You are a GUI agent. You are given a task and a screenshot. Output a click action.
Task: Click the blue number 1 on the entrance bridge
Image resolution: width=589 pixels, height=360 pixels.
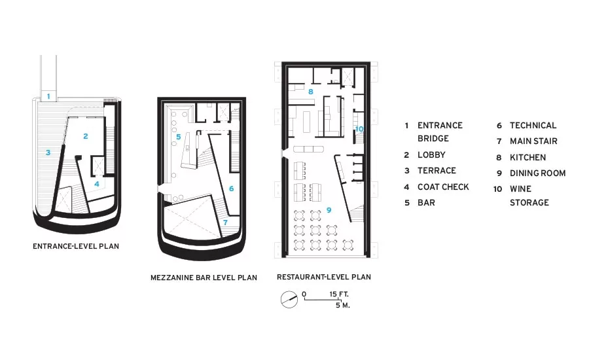point(48,97)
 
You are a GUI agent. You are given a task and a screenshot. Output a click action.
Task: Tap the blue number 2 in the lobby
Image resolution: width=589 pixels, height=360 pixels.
point(86,136)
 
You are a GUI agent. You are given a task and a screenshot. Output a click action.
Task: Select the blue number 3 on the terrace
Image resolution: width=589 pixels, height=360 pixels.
point(48,153)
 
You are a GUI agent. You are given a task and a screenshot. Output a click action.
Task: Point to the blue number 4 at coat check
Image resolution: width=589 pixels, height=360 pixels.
point(97,184)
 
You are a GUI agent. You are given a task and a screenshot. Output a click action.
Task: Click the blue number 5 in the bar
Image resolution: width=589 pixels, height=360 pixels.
point(179,137)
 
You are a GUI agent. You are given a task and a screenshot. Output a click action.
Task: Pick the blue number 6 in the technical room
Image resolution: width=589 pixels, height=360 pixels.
point(232,189)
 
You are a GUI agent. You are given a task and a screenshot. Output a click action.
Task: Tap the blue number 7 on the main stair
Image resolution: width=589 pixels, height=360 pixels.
point(225,223)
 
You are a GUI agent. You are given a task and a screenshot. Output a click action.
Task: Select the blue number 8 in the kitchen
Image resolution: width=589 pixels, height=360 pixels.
point(311,92)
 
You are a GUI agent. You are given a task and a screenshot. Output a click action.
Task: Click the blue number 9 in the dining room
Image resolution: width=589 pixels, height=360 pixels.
point(329,210)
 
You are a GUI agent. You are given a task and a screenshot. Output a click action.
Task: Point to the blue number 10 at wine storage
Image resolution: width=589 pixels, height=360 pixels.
point(359,129)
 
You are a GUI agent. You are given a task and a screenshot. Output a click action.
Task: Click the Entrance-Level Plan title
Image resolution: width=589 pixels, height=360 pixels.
point(76,247)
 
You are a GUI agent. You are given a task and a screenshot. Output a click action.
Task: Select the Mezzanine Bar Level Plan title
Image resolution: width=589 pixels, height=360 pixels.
point(204,278)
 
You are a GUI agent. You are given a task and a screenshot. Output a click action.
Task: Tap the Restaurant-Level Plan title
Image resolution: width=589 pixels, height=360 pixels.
point(324,277)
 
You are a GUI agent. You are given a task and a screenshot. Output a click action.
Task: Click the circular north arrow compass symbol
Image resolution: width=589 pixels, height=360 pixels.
point(289,300)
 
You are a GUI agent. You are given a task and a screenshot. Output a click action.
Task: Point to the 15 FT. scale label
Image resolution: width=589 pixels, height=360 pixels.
point(339,294)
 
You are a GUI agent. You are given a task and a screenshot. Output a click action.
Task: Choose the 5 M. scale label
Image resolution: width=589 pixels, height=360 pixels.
point(342,305)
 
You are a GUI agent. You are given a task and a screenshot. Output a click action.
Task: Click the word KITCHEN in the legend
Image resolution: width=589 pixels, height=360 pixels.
point(527,158)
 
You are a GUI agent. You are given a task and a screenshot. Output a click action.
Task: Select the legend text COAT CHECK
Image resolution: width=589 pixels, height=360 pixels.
point(443,187)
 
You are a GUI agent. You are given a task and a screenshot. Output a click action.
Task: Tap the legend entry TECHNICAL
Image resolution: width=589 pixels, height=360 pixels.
point(533,126)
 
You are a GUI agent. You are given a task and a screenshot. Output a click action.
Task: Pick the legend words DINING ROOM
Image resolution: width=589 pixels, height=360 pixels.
point(537,173)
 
